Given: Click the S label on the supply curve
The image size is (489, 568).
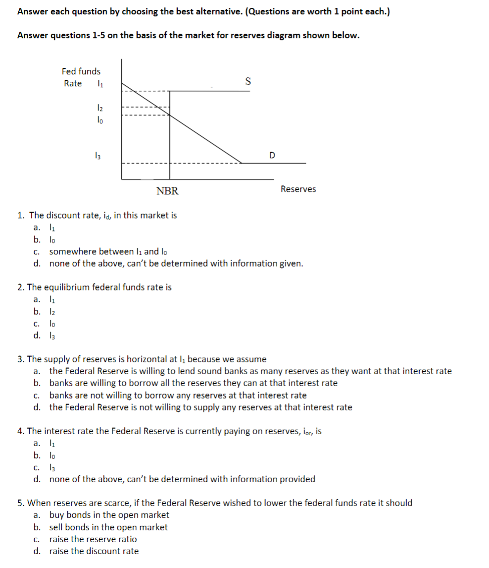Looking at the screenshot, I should pos(248,81).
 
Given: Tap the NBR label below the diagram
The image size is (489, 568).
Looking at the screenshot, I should pos(167,191).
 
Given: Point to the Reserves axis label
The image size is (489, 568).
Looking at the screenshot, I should pos(298,189).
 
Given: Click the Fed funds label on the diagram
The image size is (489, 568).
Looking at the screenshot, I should pos(81,71).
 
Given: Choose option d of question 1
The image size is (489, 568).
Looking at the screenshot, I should pos(176,263).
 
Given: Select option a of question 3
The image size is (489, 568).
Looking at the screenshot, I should pos(250,371).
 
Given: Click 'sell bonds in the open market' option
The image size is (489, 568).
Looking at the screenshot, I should pos(108,527).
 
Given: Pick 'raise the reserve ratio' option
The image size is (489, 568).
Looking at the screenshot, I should pos(93,539).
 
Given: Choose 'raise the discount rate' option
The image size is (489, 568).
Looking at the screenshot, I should pos(94,551).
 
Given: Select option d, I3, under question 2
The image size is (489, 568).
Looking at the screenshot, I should pos(51,335).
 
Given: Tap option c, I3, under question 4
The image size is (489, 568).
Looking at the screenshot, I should pos(51,467).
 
